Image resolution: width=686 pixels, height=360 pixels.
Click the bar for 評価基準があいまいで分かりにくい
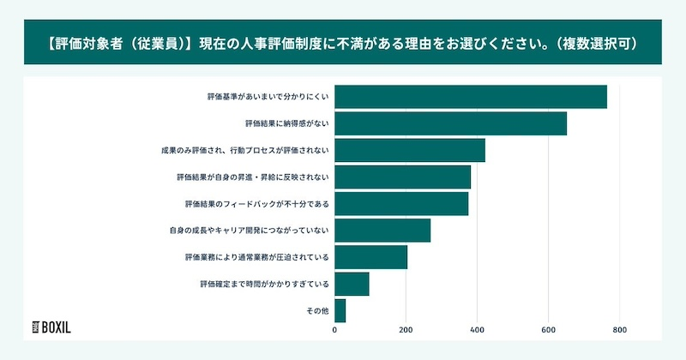point(470,97)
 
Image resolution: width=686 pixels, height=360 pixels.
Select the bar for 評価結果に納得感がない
point(450,123)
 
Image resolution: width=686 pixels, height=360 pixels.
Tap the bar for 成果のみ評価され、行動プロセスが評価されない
point(409,150)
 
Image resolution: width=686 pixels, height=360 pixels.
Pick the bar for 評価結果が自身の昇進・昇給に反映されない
point(402,177)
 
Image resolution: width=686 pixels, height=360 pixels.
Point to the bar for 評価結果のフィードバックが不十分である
point(400,204)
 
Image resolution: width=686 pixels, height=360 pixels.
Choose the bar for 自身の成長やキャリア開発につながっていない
point(382,231)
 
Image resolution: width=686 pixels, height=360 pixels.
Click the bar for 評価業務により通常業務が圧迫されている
point(370,257)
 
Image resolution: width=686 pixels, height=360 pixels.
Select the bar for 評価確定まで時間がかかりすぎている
point(351,284)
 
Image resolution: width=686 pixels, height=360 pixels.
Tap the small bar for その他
point(340,310)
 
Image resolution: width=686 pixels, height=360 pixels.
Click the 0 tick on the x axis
point(334,328)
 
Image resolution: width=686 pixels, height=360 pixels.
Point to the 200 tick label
point(406,328)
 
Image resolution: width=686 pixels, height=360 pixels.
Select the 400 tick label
point(477,328)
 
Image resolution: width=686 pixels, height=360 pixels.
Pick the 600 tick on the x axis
point(549,328)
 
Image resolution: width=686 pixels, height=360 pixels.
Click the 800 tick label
point(620,328)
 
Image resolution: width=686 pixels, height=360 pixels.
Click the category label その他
point(317,310)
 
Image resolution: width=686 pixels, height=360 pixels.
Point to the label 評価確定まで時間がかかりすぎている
point(264,284)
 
